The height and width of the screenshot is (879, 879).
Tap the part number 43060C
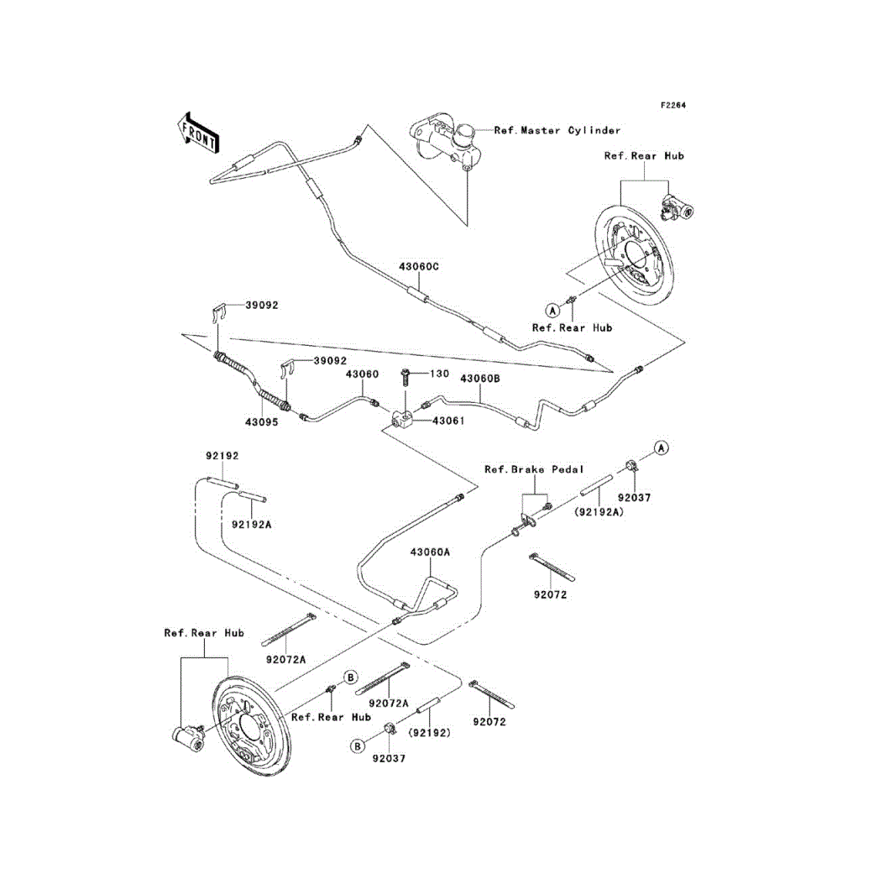point(419,267)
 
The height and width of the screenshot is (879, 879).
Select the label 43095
point(261,422)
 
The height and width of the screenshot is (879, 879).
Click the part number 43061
point(448,421)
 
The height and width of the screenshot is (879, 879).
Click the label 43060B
point(480,379)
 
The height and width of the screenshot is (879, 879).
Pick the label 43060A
point(430,552)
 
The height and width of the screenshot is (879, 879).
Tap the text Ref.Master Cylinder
point(557,131)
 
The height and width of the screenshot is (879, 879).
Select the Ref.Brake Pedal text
point(534,470)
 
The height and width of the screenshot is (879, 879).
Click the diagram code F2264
point(672,106)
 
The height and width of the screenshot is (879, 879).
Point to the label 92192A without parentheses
point(251,525)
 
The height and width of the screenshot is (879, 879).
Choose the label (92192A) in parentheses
point(599,512)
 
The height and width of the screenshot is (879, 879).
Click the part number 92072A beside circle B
point(389,704)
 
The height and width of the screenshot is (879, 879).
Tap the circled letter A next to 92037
point(662,448)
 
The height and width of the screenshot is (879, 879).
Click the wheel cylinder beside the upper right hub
point(677,207)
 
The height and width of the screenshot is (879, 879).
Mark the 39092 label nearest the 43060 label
point(330,361)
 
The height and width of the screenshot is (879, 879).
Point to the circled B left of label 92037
point(357,746)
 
